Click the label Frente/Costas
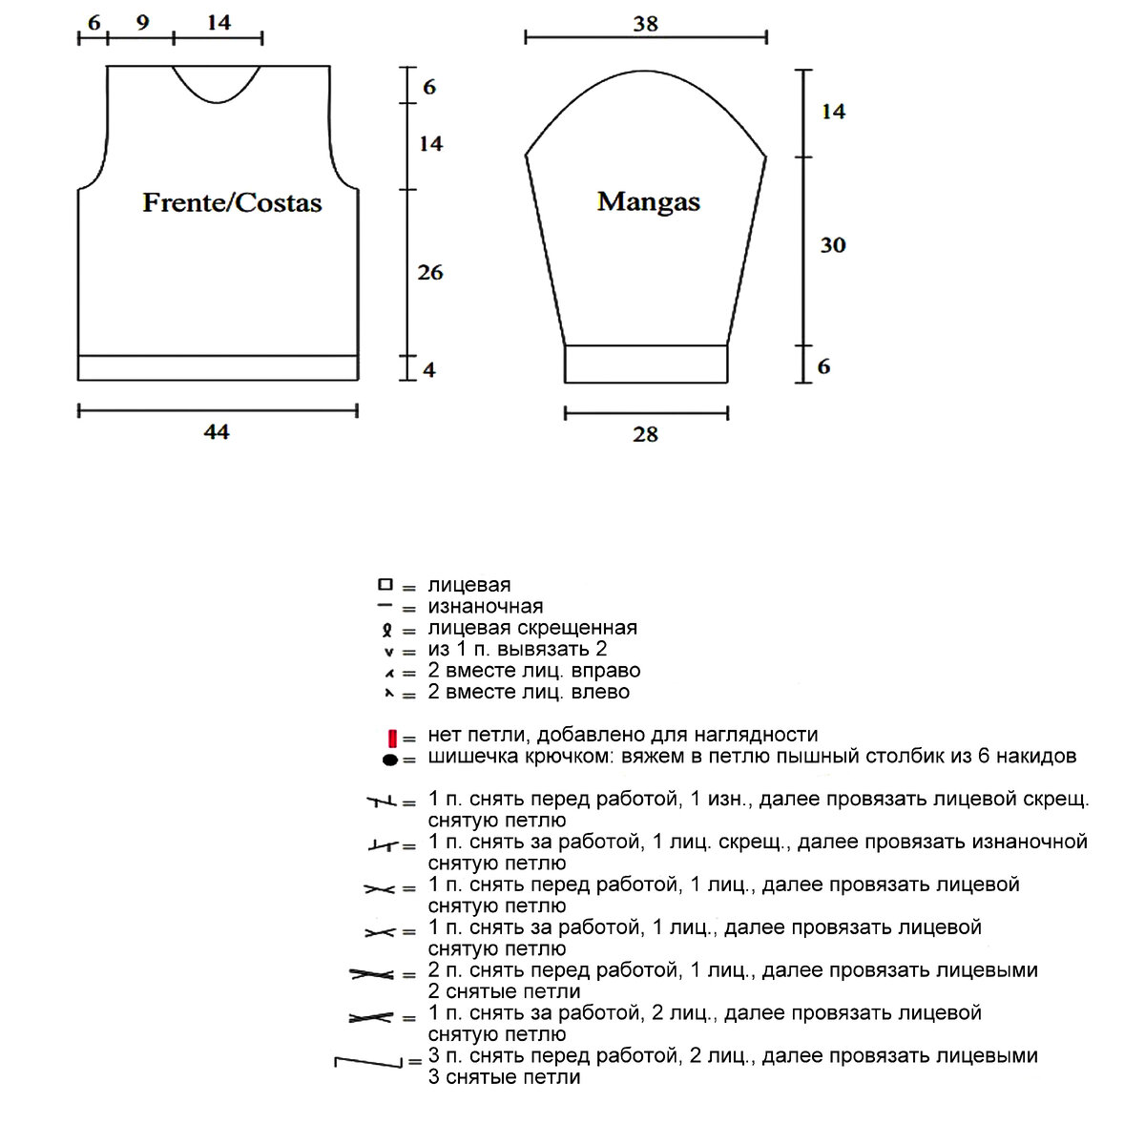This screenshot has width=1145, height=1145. (232, 202)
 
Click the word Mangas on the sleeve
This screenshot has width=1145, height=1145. (648, 201)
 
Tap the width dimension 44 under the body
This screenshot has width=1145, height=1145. (217, 432)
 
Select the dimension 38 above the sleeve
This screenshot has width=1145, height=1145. (645, 23)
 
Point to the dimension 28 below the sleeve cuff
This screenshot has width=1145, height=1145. (645, 435)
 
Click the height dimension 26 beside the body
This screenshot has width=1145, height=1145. (430, 272)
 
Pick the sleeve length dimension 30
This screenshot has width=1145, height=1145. (832, 245)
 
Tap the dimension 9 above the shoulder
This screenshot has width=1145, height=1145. (142, 22)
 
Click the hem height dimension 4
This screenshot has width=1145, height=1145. (428, 368)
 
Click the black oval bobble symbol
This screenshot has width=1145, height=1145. (389, 760)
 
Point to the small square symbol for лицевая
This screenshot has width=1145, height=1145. (385, 584)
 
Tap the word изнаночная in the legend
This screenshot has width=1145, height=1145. (485, 606)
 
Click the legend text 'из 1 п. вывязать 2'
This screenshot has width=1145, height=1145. (517, 649)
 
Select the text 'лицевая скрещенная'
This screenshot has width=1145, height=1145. (531, 628)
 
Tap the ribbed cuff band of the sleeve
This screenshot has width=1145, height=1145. (646, 364)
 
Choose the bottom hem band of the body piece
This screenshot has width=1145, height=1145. (218, 367)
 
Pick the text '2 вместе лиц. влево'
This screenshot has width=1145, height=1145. (528, 692)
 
